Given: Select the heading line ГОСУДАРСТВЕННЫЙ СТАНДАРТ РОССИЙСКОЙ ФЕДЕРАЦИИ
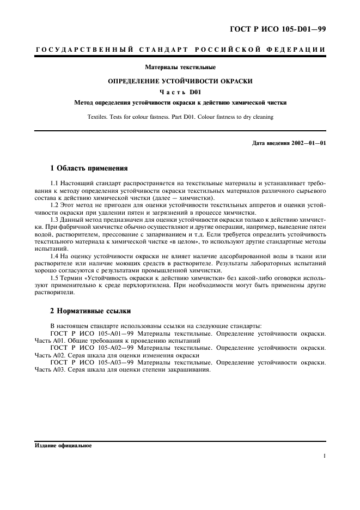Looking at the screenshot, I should coord(180,50).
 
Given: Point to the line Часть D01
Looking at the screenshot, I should coord(180,92).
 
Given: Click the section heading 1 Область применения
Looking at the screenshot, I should coord(89,168).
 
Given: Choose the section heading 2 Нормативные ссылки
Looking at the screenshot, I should coord(90,312).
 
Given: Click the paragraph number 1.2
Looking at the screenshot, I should coord(55,205).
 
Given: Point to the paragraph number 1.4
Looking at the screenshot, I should coord(55,256).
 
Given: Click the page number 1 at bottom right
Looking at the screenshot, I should coord(324,457).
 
